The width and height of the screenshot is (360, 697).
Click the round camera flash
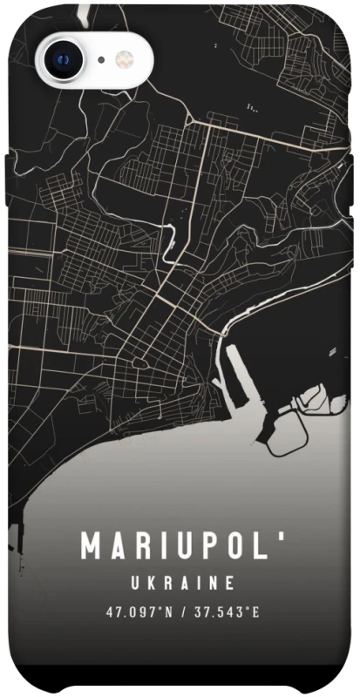(x=125, y=59)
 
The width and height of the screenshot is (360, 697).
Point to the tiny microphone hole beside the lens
(x=102, y=60)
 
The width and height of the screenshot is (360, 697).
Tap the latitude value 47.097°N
(x=134, y=612)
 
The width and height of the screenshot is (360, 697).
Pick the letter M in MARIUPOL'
(x=91, y=547)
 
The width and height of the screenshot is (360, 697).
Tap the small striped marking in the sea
(x=333, y=350)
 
